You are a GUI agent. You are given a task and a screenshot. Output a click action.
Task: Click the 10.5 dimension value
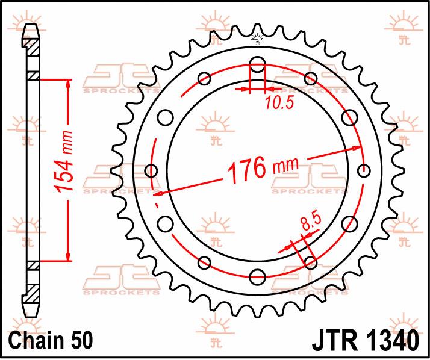pyautogui.click(x=279, y=102)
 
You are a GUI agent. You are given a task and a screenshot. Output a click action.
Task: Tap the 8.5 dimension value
pyautogui.click(x=311, y=222)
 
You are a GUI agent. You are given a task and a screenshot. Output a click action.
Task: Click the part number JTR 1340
pyautogui.click(x=366, y=341)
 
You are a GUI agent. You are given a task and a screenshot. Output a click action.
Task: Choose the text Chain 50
pyautogui.click(x=51, y=340)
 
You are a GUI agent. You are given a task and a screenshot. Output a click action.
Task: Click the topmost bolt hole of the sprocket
pyautogui.click(x=258, y=64)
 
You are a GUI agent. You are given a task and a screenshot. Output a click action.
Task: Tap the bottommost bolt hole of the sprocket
pyautogui.click(x=258, y=276)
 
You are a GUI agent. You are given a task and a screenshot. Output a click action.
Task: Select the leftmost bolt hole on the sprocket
pyautogui.click(x=151, y=170)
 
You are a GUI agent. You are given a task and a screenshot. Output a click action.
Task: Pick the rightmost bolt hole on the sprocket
pyautogui.click(x=364, y=170)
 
